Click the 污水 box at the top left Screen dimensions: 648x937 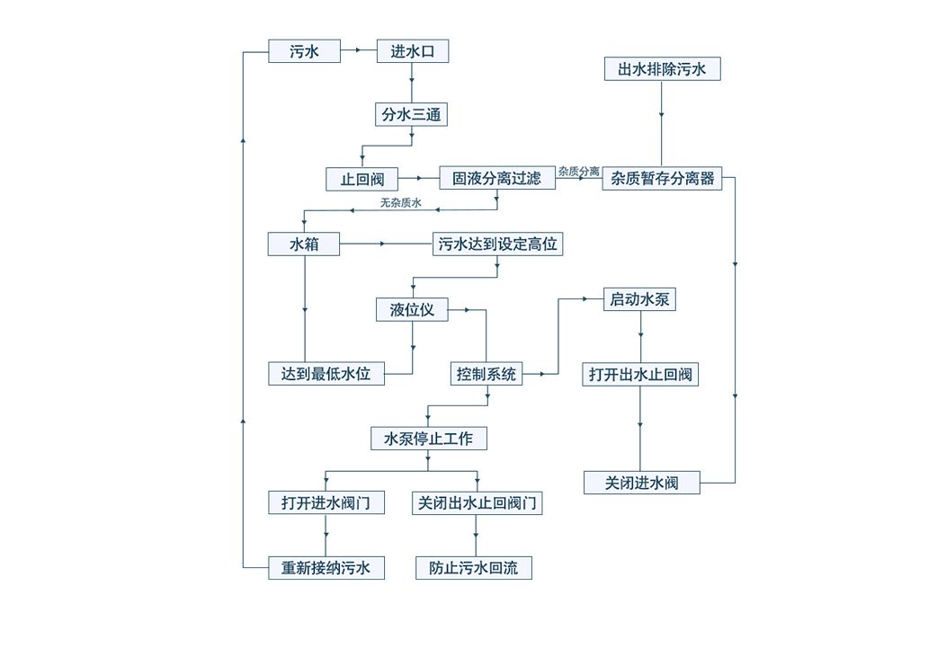(x=304, y=51)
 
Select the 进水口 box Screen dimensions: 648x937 (x=412, y=51)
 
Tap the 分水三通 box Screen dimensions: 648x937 (x=411, y=114)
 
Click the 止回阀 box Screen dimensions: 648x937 (x=361, y=179)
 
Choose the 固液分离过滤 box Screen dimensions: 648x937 (x=496, y=178)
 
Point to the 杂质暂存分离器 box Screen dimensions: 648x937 (x=662, y=178)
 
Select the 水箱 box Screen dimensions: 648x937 (x=304, y=244)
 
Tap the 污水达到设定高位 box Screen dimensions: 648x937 (x=497, y=244)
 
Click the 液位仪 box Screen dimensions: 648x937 (x=412, y=310)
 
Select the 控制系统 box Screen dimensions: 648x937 (x=486, y=374)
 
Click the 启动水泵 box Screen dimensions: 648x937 (x=639, y=299)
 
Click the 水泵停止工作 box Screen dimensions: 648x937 (x=428, y=439)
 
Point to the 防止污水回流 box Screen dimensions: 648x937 (x=474, y=568)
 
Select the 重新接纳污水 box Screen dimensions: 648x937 (x=326, y=568)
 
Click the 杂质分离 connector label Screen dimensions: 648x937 (x=578, y=171)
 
